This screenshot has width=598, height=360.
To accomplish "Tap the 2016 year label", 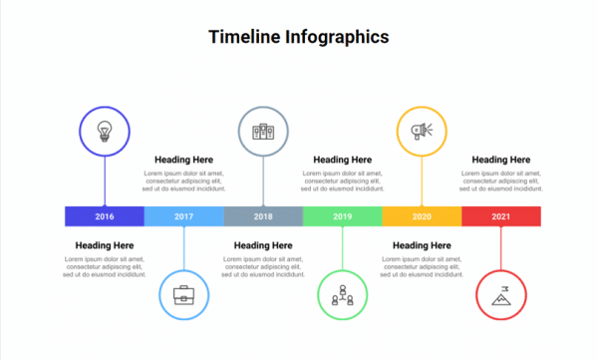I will (x=105, y=216).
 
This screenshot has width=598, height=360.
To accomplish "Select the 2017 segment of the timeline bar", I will (x=183, y=216).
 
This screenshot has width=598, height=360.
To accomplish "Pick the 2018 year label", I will (x=263, y=216).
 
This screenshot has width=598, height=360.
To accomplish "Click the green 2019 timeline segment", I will (x=342, y=216).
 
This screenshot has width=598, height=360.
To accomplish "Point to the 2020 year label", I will (x=422, y=216).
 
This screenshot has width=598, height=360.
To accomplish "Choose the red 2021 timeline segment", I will (x=500, y=216).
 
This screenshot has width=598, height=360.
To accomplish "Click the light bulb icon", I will (x=105, y=131).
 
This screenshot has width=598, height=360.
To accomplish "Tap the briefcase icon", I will (x=184, y=295).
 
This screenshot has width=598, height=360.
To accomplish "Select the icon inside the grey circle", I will (x=263, y=131).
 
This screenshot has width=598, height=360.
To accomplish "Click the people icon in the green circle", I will (x=343, y=295).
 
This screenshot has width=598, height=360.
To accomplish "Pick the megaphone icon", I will (x=422, y=131).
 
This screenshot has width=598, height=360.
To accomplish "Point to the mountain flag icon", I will (x=501, y=295).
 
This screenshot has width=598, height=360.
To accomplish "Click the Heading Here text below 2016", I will (x=105, y=245).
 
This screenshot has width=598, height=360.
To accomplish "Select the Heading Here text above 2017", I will (x=183, y=160).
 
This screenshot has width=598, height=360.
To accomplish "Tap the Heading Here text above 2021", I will (x=501, y=160).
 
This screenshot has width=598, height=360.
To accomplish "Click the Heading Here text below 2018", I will (x=263, y=245).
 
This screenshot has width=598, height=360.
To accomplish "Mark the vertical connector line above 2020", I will (x=422, y=181).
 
